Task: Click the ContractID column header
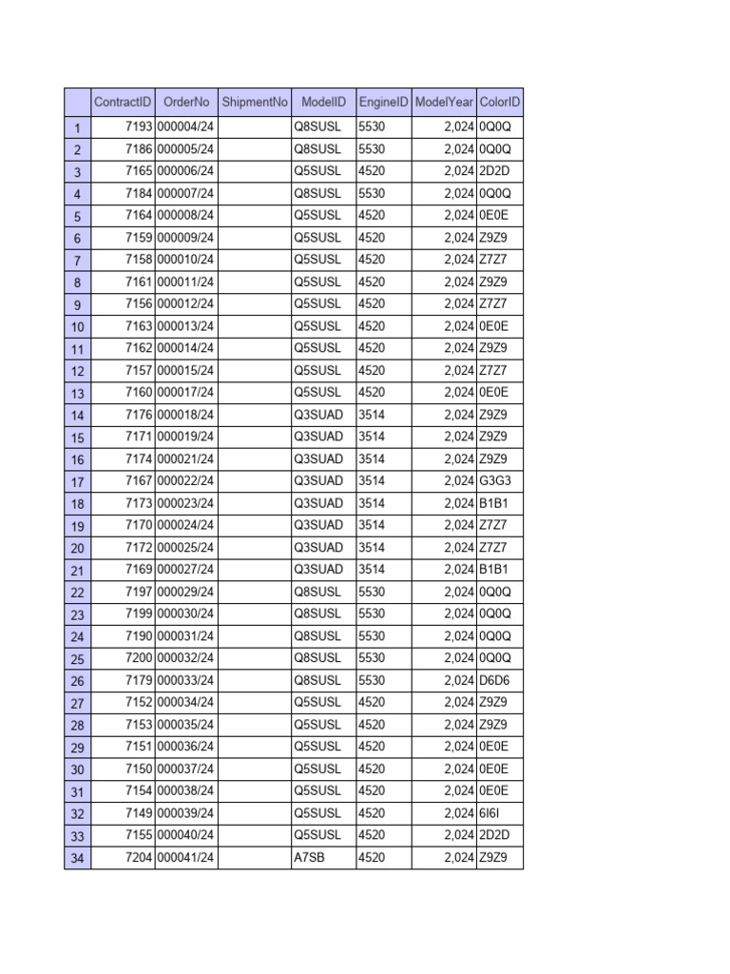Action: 123,102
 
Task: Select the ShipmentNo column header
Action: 254,102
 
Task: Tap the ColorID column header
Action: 500,102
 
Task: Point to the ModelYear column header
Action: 445,102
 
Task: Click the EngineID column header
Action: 384,102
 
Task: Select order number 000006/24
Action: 185,171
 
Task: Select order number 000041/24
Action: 185,858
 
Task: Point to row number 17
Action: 76,481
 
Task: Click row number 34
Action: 76,858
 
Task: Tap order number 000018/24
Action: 185,415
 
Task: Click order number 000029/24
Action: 185,592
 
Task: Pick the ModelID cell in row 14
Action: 318,415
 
